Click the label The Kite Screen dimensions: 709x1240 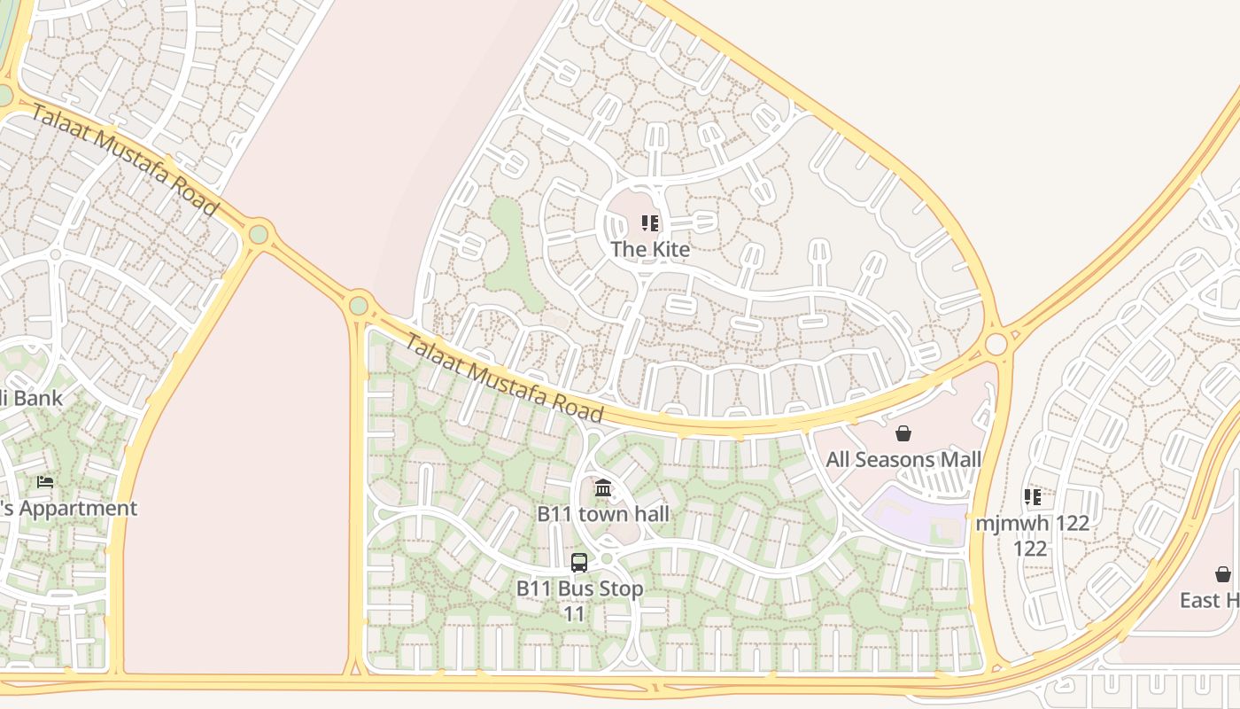650,249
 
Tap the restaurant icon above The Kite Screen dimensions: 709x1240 650,223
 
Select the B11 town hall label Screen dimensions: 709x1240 603,514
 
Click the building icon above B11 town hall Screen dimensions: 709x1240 603,487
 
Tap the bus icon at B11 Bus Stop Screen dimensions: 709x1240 579,562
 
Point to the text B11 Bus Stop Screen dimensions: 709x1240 579,588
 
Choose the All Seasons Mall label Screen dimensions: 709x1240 903,459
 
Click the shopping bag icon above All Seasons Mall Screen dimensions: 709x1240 903,433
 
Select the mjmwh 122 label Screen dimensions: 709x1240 1032,523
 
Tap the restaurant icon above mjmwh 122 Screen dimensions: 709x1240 1032,496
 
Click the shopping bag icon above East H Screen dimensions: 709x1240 1223,574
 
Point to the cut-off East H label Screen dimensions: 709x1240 1209,600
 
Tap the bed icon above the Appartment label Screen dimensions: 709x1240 45,482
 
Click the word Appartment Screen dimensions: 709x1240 77,509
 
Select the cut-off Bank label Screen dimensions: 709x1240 32,398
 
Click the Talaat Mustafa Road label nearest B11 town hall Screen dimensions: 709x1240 503,378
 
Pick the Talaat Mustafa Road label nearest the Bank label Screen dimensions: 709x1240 124,159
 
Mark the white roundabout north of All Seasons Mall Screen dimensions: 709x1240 996,343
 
